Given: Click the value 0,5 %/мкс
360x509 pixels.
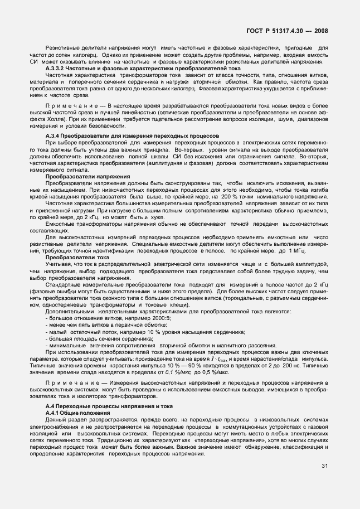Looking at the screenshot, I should click(x=256, y=370).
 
